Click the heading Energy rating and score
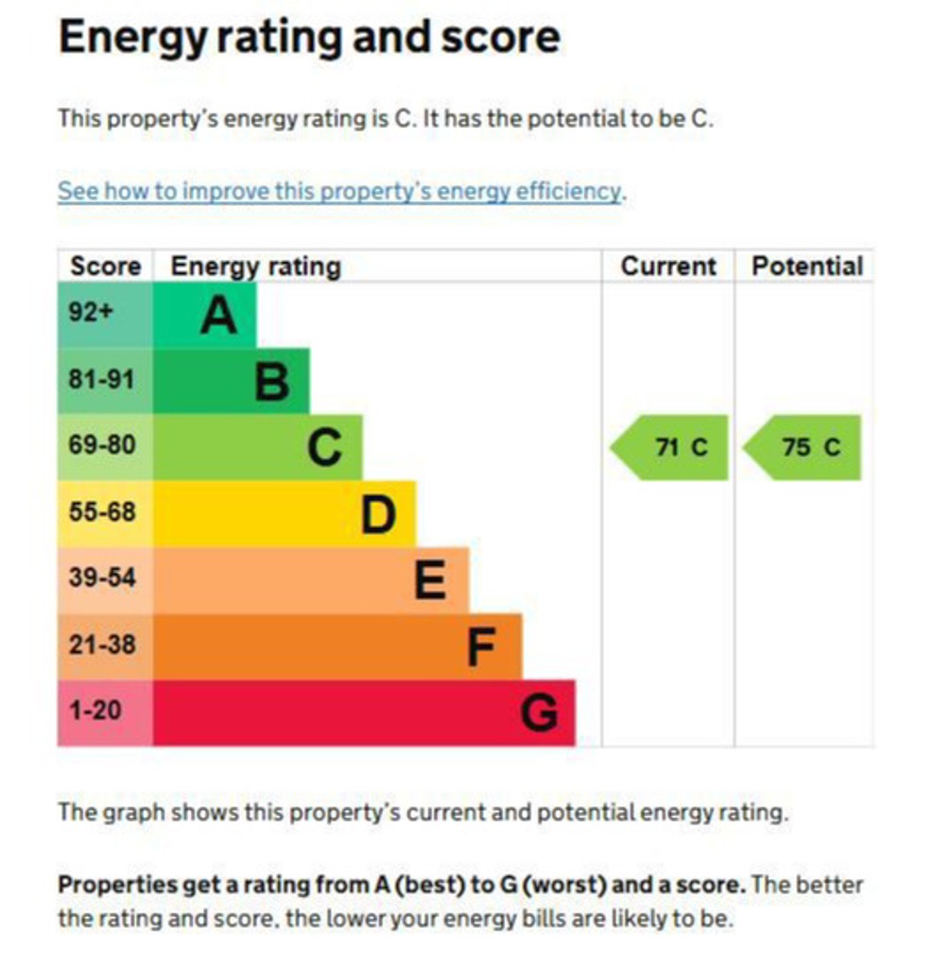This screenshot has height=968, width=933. point(308,38)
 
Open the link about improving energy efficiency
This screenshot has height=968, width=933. point(340,191)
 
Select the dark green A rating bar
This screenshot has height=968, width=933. point(203,315)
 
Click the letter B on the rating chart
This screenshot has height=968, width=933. point(272,382)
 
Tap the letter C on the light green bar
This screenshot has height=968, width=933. point(324,448)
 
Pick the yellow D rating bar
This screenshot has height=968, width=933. point(284,514)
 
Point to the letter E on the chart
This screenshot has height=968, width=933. point(430,580)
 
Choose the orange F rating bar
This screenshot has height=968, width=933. point(337,647)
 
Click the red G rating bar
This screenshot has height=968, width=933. point(363,713)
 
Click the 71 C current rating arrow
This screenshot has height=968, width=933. point(671,447)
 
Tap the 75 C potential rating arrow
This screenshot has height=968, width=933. point(803,447)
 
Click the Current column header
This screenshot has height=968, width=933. point(668,267)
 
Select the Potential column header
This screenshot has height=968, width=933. point(806,267)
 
